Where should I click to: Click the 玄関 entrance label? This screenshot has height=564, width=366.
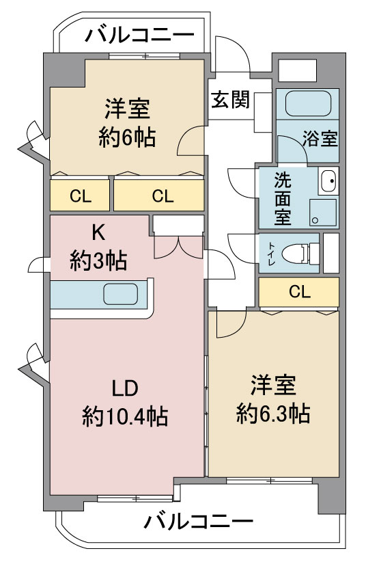coord(230,100)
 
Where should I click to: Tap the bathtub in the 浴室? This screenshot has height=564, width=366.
coord(308,103)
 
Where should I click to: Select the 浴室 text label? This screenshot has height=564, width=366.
coord(320,139)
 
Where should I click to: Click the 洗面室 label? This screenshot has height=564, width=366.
coord(283,198)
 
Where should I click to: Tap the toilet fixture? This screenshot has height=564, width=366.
coord(300,253)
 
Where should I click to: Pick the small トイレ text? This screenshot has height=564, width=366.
coord(271,254)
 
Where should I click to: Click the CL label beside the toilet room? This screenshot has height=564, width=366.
coord(300,292)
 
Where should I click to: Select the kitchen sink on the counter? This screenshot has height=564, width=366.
coord(121,294)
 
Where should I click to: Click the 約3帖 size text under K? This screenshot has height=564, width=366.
coord(98,260)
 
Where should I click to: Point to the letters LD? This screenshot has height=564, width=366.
coord(125,389)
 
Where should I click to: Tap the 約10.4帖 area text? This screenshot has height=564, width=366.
coord(125,416)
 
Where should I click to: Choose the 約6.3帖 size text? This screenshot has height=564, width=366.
coord(273,414)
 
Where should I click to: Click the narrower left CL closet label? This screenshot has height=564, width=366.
coord(81,196)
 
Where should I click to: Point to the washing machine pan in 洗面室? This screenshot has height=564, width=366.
coord(322,213)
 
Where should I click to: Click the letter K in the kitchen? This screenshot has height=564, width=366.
coord(98,232)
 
